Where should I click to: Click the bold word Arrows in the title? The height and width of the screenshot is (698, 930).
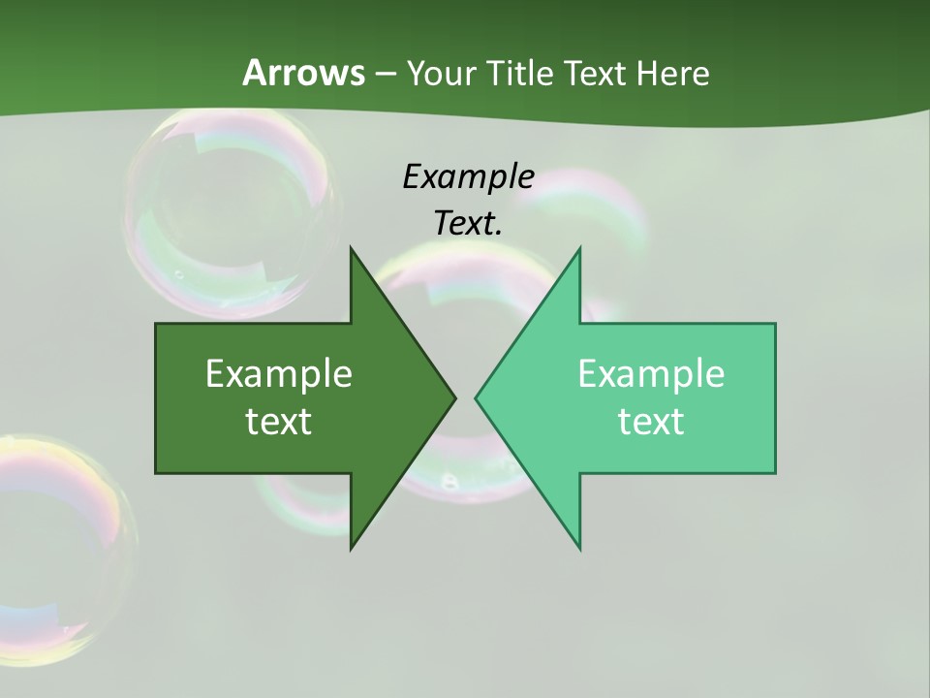coord(303,73)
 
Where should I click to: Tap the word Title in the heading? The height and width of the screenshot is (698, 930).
coord(520,73)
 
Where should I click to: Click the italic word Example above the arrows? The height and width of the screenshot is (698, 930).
coord(468,176)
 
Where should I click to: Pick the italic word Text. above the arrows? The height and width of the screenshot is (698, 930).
coord(468,223)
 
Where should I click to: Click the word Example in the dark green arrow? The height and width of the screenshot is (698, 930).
coord(279,373)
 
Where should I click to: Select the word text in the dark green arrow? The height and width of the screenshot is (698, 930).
coord(279,421)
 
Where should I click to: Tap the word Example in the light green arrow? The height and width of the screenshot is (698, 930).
coord(651,373)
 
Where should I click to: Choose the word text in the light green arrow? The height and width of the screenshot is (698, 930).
coord(651,421)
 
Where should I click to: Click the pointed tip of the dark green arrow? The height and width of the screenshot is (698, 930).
coord(453,397)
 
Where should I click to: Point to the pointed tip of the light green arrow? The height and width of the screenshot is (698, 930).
coord(477,397)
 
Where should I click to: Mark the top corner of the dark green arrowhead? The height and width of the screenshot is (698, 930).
coord(351,248)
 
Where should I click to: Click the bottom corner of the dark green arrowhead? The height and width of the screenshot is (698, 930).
coord(351,548)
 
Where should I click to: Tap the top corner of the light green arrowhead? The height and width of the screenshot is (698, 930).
coord(579,248)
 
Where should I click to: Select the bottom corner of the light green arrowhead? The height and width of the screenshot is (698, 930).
coord(579,548)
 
